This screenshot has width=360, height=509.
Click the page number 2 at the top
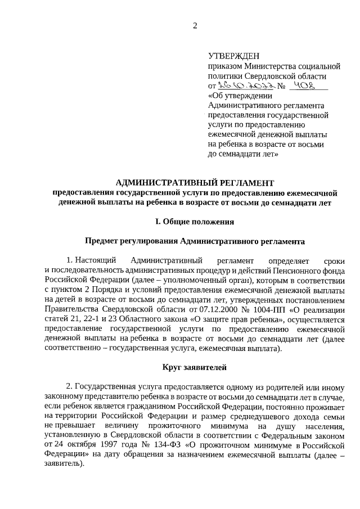click(x=195, y=25)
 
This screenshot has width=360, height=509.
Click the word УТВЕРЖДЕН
click(x=234, y=56)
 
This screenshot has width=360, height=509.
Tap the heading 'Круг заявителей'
click(x=195, y=368)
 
